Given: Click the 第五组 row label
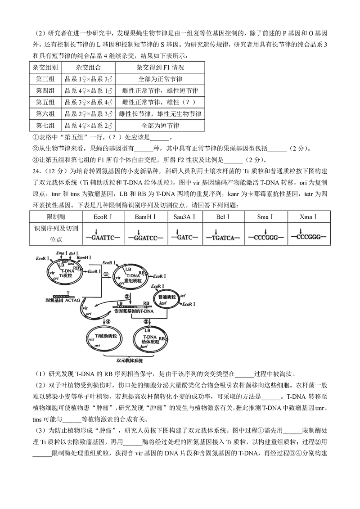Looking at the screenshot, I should click(x=45, y=102).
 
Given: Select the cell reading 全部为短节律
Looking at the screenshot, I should click(x=160, y=125).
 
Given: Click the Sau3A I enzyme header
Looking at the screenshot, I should click(x=184, y=217).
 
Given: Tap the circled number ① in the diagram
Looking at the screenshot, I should click(x=107, y=274).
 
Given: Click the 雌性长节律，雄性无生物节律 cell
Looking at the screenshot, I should click(x=160, y=114).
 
